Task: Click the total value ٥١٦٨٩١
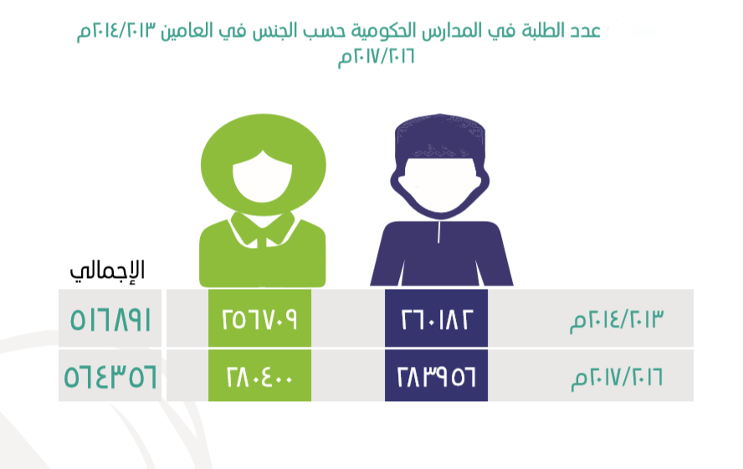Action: pos(110,319)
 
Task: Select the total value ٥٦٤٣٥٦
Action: pos(110,377)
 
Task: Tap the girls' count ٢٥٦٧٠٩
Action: pos(259,319)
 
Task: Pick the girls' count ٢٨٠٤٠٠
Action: pos(259,377)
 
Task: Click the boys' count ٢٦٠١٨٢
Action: pos(437,319)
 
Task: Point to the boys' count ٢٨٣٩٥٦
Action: pos(437,377)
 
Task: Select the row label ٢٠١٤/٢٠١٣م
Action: pos(617,320)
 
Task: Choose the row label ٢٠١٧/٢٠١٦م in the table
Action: pos(617,378)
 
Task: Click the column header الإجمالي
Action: pos(107,271)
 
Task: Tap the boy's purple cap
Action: pos(440,137)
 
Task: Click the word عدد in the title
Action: pos(584,31)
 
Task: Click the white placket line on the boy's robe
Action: pos(439,233)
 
